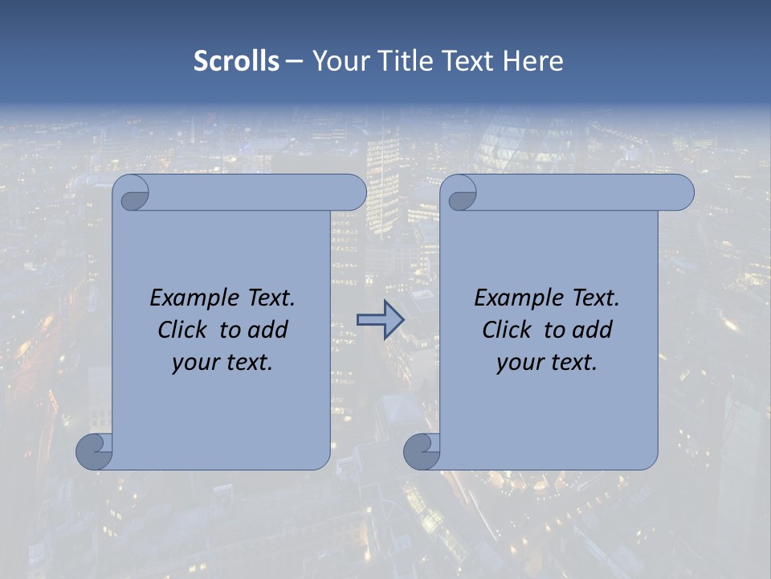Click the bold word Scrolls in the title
(x=236, y=61)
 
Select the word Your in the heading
(x=341, y=61)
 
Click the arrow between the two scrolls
(x=380, y=319)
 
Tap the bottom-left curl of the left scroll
(x=94, y=451)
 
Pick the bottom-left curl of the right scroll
(x=421, y=451)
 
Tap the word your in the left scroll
(x=194, y=363)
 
